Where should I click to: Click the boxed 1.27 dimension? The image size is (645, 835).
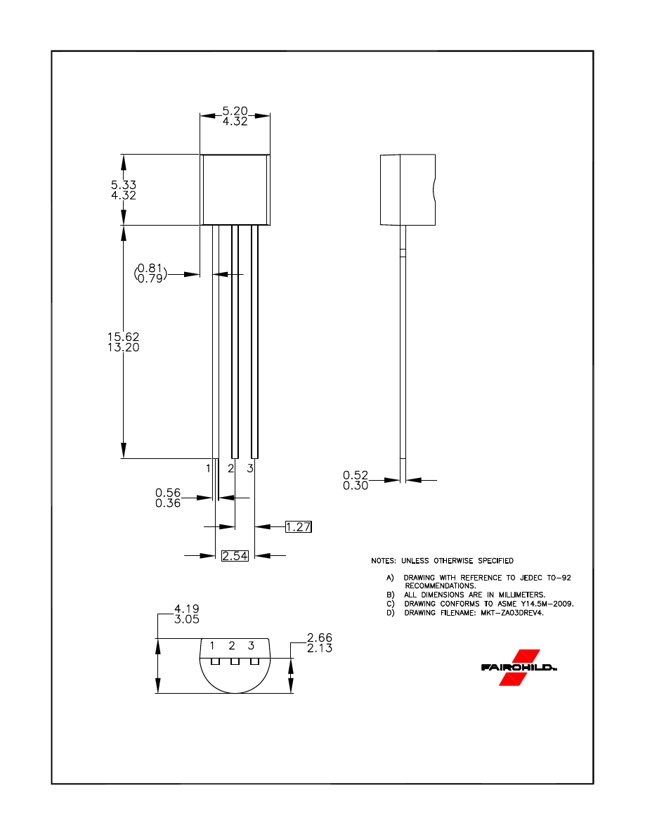coord(299,526)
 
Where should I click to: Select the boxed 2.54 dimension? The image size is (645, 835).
coord(235,556)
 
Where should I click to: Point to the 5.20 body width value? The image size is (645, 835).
coord(235,110)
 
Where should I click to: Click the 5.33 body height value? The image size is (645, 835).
coord(124,185)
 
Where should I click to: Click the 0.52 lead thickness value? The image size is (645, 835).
coord(356,476)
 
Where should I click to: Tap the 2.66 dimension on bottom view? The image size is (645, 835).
coord(320,638)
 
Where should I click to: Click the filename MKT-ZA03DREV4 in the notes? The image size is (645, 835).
coord(509,612)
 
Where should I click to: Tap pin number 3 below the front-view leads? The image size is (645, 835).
coord(250,468)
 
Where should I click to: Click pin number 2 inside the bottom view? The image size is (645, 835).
coord(231,645)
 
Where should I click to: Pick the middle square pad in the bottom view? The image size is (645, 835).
coord(235,661)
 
